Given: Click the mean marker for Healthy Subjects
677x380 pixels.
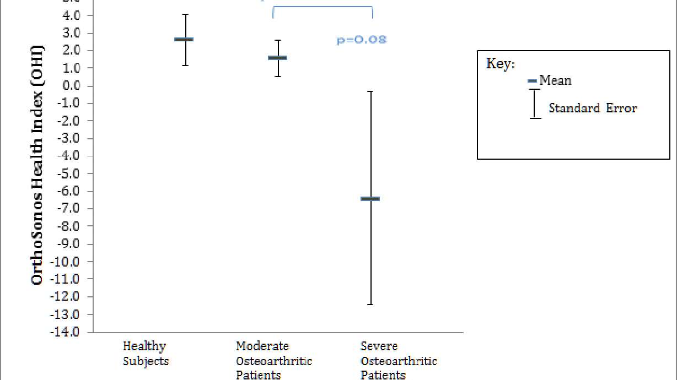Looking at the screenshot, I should (184, 39).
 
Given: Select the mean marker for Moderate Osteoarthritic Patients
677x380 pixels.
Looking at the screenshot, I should (277, 57).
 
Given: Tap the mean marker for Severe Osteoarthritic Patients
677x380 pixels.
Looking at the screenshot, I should (370, 198).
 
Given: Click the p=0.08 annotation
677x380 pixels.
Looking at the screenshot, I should (361, 40).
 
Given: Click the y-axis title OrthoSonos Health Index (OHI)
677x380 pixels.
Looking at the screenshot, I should (37, 165).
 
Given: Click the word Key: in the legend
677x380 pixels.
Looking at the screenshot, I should (501, 63).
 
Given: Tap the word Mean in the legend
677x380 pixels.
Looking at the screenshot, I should (555, 80).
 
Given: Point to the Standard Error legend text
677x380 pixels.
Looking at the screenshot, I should (593, 108).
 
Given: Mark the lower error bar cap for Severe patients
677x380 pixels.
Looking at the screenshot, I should (370, 304).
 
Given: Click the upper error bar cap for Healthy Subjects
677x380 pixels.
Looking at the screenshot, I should (186, 14).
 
